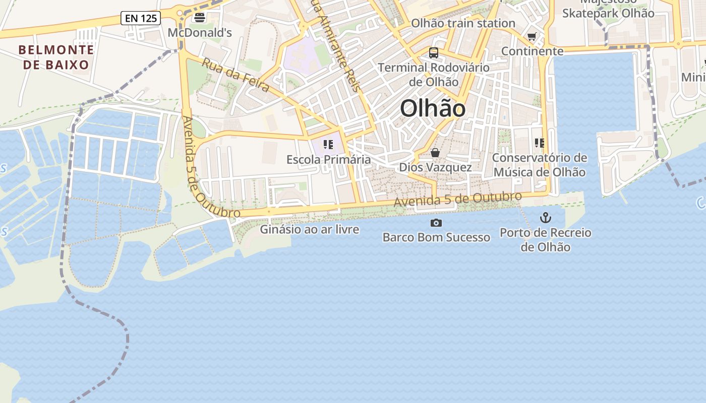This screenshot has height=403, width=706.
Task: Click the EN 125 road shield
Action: tap(141, 19)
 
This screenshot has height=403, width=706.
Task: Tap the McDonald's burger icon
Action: tap(200, 18)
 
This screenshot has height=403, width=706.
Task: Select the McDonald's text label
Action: tap(200, 33)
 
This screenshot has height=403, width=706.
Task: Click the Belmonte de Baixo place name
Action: tap(56, 57)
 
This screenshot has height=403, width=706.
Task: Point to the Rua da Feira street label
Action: tap(236, 75)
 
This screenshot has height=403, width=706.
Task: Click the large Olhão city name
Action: tap(433, 108)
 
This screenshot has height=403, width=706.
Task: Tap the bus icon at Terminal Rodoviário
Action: tap(433, 52)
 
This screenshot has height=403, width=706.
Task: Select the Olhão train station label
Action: tap(463, 23)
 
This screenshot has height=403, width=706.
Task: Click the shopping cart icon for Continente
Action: tap(532, 36)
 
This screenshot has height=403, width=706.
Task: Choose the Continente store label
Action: tap(532, 51)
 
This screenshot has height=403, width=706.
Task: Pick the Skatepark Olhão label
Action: tap(608, 13)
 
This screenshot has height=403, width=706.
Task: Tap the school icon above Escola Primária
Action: tap(328, 145)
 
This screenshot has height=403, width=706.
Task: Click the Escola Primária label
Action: tap(328, 160)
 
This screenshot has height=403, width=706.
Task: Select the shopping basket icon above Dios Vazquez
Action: tap(435, 153)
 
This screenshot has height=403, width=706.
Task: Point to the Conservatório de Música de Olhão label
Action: tap(540, 165)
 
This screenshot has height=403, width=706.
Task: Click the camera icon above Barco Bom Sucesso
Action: tap(436, 223)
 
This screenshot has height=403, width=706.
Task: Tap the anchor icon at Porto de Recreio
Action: tap(546, 218)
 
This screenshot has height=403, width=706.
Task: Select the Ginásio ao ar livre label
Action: tap(309, 230)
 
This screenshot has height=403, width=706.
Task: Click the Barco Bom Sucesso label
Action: tap(436, 237)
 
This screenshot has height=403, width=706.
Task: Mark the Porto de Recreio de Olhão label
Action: tap(546, 240)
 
